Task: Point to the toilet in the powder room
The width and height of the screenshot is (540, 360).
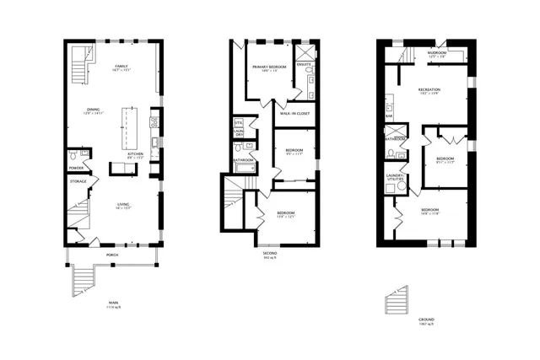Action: pyautogui.click(x=73, y=156)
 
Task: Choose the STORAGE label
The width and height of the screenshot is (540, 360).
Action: pyautogui.click(x=78, y=181)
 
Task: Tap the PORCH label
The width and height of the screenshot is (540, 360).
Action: pyautogui.click(x=111, y=254)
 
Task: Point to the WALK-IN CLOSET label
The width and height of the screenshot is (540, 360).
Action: pyautogui.click(x=294, y=113)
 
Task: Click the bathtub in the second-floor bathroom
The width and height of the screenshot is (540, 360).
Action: pyautogui.click(x=244, y=169)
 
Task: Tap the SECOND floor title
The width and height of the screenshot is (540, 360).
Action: pyautogui.click(x=269, y=252)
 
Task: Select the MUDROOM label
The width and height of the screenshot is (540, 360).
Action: pyautogui.click(x=437, y=52)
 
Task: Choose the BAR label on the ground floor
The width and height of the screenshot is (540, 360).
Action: pyautogui.click(x=389, y=116)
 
